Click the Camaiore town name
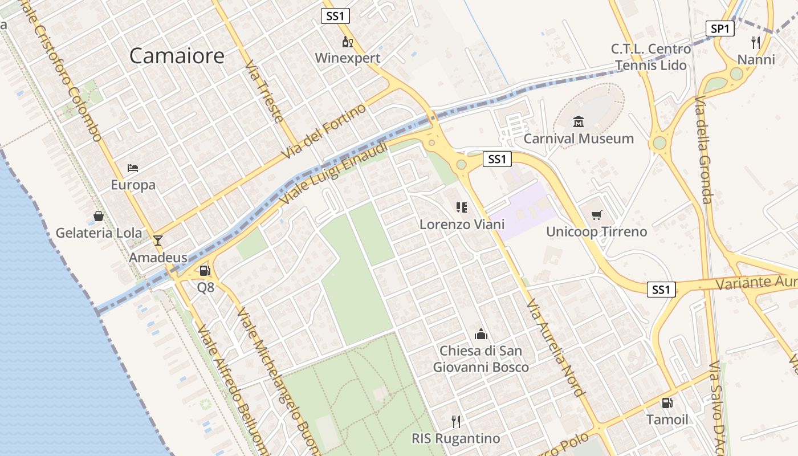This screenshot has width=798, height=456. point(177,56)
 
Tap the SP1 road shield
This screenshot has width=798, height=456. point(719,28)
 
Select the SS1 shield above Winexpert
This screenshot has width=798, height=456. point(335,16)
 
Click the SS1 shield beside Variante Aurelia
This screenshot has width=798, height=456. point(661,290)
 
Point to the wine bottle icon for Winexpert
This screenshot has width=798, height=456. point(347,42)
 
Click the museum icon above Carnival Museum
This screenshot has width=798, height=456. point(579,121)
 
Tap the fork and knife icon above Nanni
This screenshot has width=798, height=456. point(756,42)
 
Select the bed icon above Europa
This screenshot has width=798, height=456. point(133,168)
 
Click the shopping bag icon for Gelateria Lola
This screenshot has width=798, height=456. point(99,216)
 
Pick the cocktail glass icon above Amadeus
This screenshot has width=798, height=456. point(158,240)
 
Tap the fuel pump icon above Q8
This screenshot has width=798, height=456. point(205,271)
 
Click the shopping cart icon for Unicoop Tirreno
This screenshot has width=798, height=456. point(596,215)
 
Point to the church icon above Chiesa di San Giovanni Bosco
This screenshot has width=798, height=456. point(481,334)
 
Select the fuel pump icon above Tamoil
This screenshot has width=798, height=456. point(667,402)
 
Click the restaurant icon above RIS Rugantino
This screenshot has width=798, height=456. point(455,421)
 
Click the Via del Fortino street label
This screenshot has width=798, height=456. point(324,132)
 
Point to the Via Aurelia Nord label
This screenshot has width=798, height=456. point(556,348)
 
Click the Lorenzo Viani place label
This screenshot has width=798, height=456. point(462,225)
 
